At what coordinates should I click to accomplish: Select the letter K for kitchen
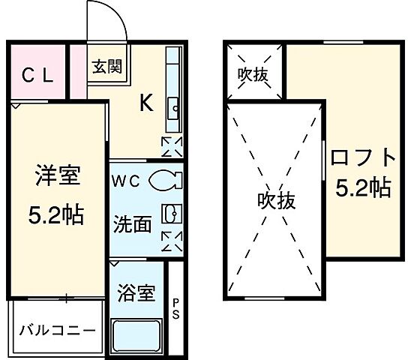(146, 104)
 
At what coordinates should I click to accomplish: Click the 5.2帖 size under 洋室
(58, 216)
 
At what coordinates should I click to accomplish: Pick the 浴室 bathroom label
(136, 292)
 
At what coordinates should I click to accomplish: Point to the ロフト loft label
(363, 158)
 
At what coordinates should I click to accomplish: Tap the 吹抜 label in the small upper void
(253, 75)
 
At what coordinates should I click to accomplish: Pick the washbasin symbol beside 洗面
(172, 214)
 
